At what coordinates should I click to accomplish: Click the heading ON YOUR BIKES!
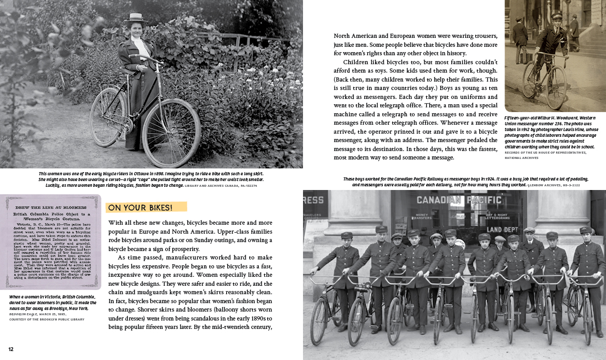tap(140, 207)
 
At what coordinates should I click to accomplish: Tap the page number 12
tap(11, 349)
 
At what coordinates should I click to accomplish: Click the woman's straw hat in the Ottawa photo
tap(135, 18)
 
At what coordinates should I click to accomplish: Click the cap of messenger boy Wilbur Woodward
tap(556, 17)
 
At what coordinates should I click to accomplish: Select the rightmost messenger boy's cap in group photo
tap(585, 230)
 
